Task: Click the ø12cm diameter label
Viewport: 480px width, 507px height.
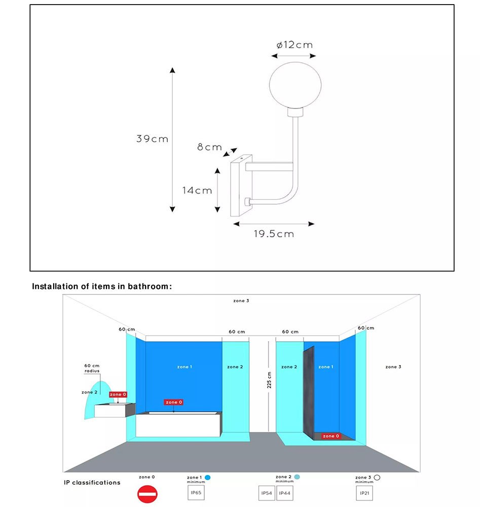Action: tap(294, 45)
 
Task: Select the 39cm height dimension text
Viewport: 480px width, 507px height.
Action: tap(152, 138)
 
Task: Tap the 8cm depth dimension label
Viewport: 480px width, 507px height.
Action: tap(209, 148)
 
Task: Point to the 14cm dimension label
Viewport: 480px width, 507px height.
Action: tap(197, 191)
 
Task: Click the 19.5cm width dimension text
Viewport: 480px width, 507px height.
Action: tap(274, 234)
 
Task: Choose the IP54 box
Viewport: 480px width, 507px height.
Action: tap(267, 493)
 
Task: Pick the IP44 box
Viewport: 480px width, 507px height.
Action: tap(284, 493)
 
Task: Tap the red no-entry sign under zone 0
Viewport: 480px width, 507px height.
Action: tap(147, 494)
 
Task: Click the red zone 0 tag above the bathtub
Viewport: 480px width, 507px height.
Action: tap(173, 402)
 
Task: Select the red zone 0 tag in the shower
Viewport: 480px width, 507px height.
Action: tap(329, 436)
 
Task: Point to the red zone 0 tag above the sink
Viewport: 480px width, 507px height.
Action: tap(118, 394)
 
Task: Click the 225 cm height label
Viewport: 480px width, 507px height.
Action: tap(269, 380)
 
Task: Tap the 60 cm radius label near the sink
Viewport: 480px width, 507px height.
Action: tap(92, 368)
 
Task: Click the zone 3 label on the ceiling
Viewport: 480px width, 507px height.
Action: tap(241, 301)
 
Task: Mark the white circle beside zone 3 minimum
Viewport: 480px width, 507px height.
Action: tap(377, 477)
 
